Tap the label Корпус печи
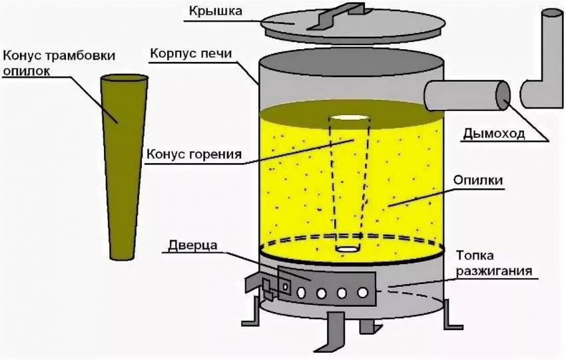click(191, 53)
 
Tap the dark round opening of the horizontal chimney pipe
click(502, 94)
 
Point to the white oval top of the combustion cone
click(348, 118)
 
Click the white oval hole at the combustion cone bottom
click(348, 249)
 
